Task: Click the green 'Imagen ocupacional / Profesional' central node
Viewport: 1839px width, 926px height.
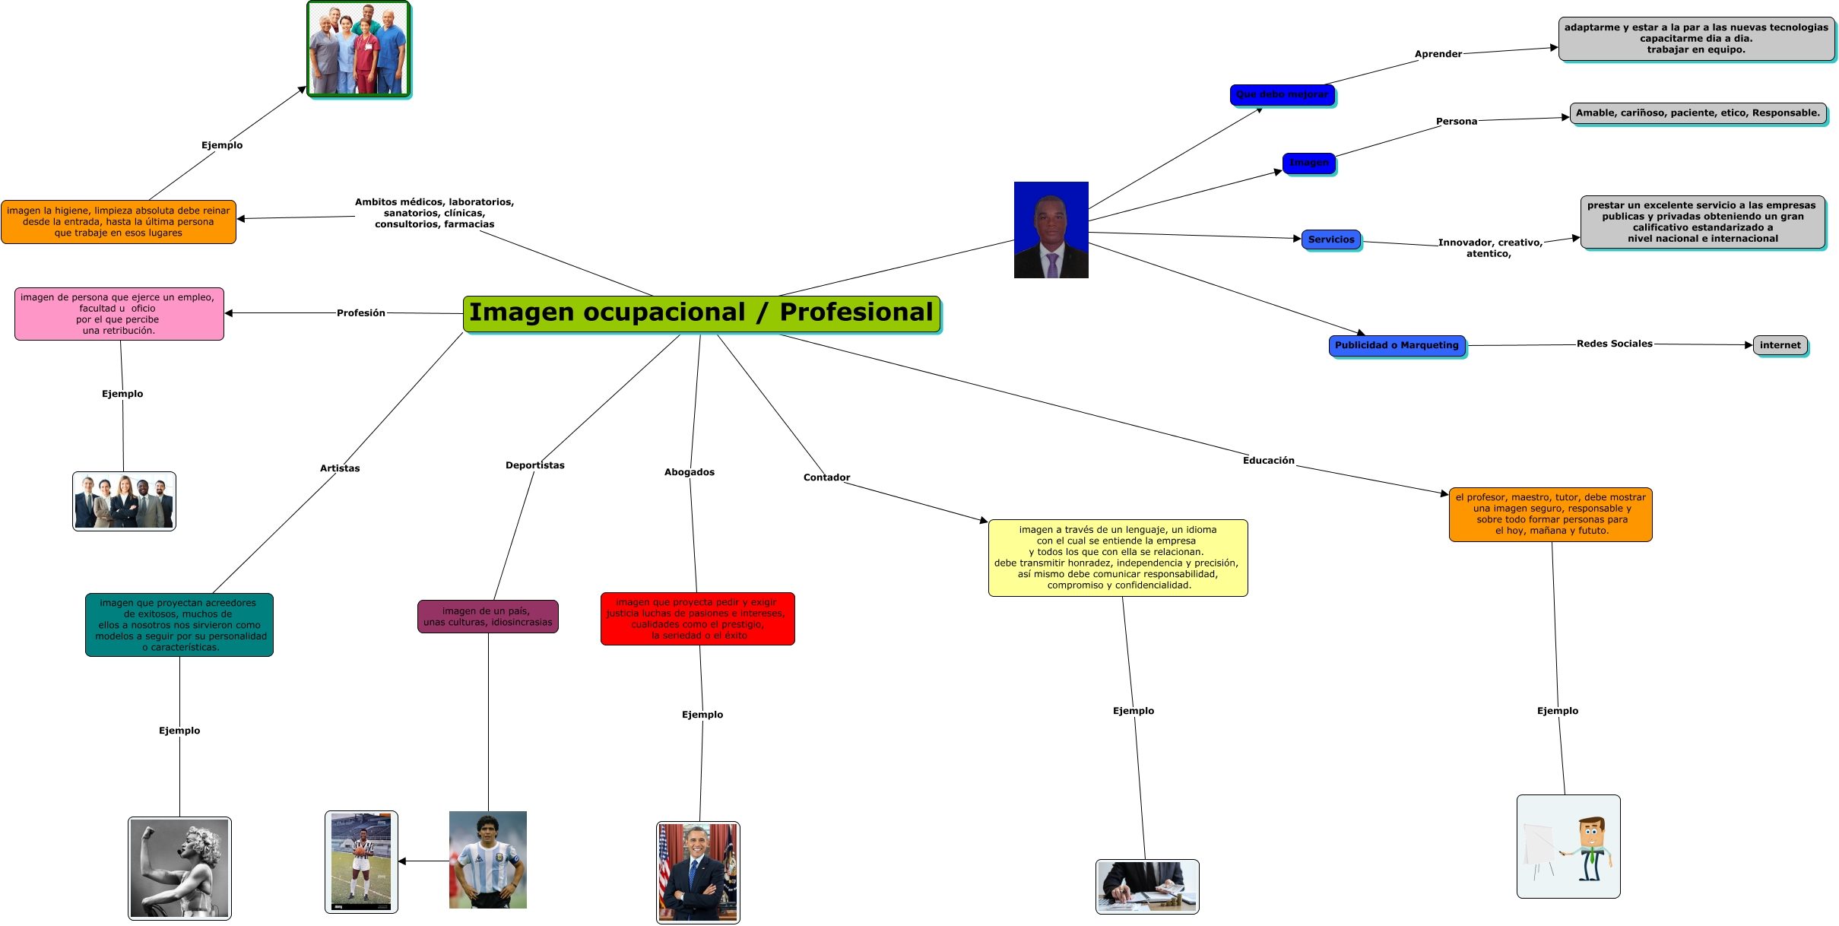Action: [701, 313]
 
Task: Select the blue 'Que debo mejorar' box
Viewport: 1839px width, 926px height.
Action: [1282, 95]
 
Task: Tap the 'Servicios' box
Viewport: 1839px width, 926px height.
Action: [1331, 239]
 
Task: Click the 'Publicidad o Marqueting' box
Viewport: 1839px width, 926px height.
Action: [1397, 345]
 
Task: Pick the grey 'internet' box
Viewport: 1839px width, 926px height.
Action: [1780, 345]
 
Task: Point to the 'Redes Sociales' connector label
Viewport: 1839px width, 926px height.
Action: [1614, 344]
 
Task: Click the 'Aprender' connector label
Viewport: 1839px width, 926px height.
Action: [1438, 54]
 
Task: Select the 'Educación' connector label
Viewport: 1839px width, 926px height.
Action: [1268, 461]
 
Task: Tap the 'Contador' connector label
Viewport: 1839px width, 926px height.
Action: [826, 477]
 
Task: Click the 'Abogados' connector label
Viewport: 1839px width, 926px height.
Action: [690, 472]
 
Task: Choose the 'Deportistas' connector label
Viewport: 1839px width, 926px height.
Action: [535, 465]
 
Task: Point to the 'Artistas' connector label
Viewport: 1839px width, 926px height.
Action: [340, 468]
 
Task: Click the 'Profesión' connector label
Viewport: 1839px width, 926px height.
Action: [361, 313]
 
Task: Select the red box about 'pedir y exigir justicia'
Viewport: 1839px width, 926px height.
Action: [698, 619]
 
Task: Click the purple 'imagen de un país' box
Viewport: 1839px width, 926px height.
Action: [488, 617]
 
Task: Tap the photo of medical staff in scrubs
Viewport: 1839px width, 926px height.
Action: [359, 49]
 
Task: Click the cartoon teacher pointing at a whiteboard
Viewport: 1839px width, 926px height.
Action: [1568, 846]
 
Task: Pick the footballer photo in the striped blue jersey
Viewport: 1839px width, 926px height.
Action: [488, 860]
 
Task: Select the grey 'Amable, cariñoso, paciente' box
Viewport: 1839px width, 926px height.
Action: [1698, 113]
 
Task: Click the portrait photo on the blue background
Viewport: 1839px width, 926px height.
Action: [1051, 230]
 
